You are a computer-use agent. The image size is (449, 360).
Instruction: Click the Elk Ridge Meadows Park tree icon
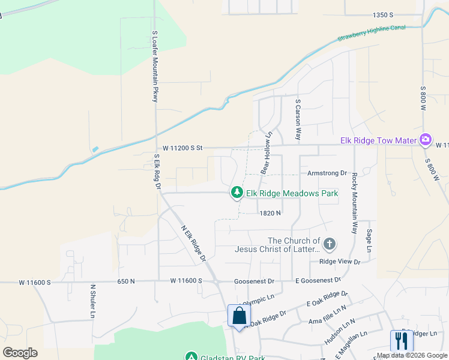click(238, 193)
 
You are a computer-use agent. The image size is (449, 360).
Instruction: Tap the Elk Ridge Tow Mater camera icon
click(426, 140)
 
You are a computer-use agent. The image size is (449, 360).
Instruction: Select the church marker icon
click(329, 244)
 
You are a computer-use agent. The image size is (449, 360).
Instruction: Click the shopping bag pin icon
click(239, 316)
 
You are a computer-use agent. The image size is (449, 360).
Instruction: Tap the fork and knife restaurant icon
click(401, 341)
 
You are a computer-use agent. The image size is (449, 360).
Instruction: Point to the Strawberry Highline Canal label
click(371, 32)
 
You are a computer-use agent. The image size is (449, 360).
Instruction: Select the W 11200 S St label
click(184, 148)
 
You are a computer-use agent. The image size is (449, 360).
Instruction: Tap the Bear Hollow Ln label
click(266, 153)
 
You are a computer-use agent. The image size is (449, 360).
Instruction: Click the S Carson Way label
click(297, 121)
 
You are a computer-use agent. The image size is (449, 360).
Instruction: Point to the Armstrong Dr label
click(327, 173)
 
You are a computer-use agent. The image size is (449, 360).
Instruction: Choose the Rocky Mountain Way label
click(355, 203)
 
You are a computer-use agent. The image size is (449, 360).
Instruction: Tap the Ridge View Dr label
click(340, 262)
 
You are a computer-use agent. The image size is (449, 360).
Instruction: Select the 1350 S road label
click(382, 14)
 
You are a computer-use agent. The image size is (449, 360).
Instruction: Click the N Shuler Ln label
click(92, 301)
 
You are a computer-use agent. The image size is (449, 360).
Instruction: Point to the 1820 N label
click(271, 213)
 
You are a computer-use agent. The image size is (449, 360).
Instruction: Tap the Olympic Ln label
click(258, 298)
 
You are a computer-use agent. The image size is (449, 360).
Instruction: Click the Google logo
click(20, 352)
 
